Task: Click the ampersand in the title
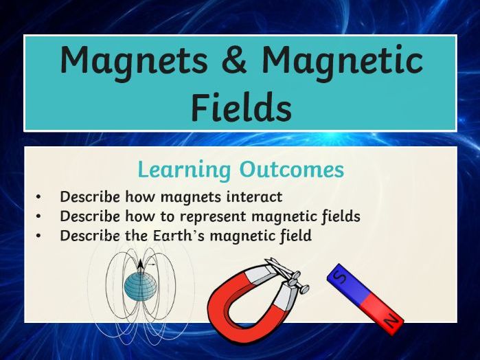tap(234, 60)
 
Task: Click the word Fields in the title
tap(242, 106)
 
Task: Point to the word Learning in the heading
tap(184, 170)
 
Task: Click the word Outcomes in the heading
tap(292, 169)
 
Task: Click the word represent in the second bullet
tap(213, 217)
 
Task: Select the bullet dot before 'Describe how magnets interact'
tap(38, 197)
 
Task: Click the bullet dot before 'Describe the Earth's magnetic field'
tap(38, 236)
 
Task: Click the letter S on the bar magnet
tap(341, 278)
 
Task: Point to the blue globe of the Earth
tap(141, 286)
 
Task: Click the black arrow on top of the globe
tap(140, 266)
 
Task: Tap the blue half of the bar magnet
tap(349, 284)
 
